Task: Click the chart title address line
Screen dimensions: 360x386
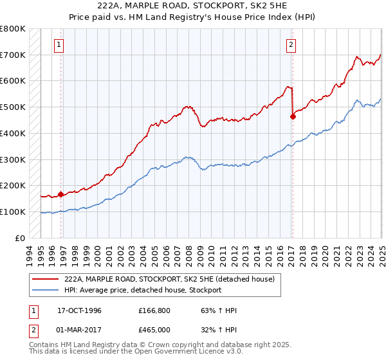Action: (x=193, y=6)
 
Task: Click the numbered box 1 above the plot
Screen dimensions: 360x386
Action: (x=59, y=45)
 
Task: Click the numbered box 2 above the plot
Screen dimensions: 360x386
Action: (x=291, y=45)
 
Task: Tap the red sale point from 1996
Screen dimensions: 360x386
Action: (x=60, y=194)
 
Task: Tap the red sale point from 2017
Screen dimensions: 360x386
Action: (x=293, y=116)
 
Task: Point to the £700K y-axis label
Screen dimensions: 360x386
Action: (x=13, y=55)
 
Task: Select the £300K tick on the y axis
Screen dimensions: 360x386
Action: (x=13, y=159)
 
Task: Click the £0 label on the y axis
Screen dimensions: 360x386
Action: (x=20, y=238)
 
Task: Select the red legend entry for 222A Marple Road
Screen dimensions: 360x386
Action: (x=169, y=279)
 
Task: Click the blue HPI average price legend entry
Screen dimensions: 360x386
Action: (x=142, y=291)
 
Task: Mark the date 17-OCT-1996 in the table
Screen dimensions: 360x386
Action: (x=79, y=310)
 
